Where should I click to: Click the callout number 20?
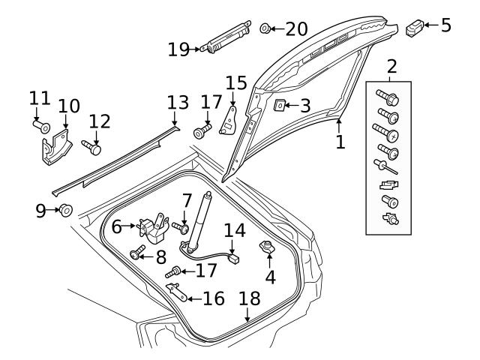coord(297,29)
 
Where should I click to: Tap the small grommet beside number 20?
coord(265,28)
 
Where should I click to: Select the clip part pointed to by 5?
coord(415,27)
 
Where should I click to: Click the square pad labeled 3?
coord(279,105)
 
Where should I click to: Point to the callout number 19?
coord(178,49)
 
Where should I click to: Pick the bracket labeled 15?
coord(228,121)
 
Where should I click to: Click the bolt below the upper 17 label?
coord(202,131)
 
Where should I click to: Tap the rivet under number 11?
coord(42,127)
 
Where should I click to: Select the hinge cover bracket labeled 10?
coord(56,148)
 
